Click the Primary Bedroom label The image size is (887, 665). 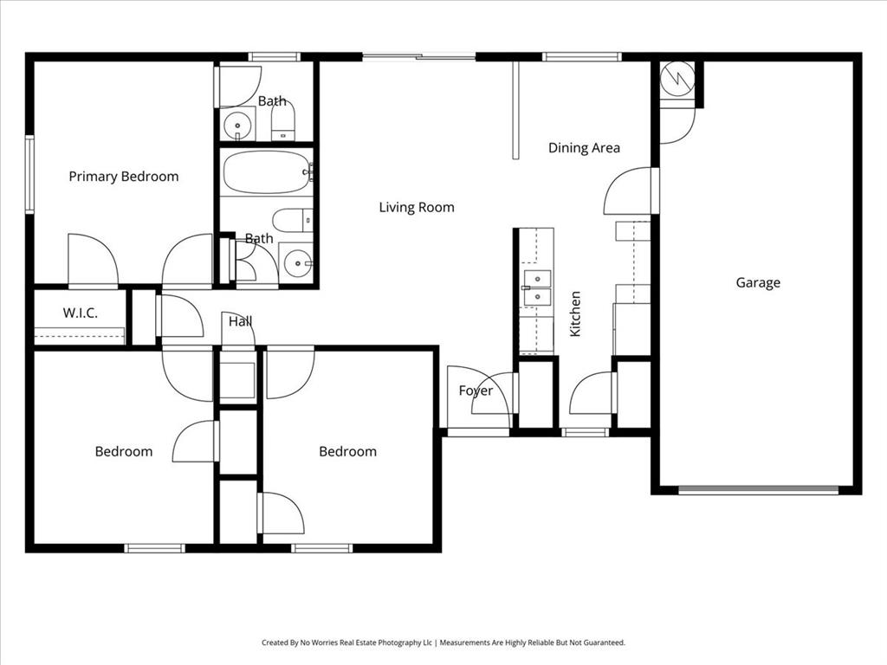pos(124,177)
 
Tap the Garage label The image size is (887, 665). pos(758,282)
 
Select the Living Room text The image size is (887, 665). pos(417,207)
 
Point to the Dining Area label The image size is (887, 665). pos(584,148)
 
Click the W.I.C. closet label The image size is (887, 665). pos(80,313)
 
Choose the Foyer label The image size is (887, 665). pos(476,391)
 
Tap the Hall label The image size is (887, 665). pos(241,321)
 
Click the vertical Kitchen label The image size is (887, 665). pos(575,313)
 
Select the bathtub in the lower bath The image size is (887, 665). pos(266,172)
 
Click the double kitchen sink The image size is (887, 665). pos(536,288)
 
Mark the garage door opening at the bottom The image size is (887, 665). pos(758,490)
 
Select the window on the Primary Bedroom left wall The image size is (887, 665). pos(29,174)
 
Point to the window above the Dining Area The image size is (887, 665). pos(581,57)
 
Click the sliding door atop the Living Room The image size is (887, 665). pos(419,57)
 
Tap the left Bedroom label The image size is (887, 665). pos(124,451)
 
